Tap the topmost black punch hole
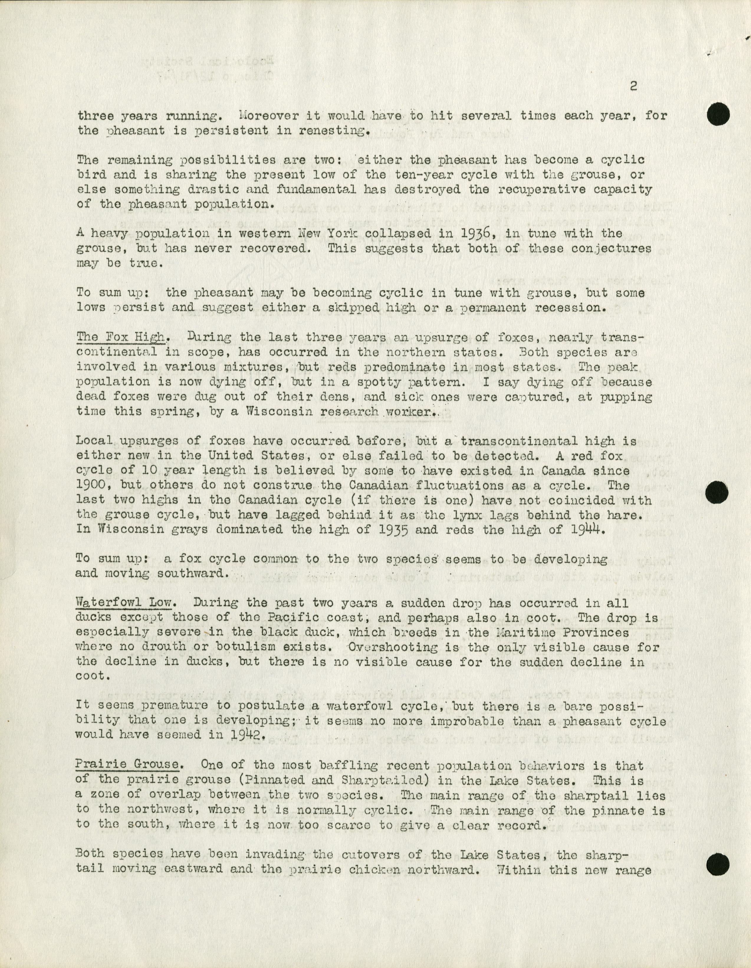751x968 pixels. [718, 115]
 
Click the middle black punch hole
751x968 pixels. [718, 492]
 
